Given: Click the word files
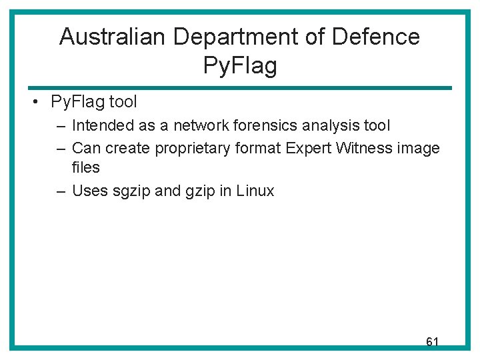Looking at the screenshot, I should pyautogui.click(x=85, y=167).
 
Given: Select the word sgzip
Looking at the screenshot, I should pyautogui.click(x=131, y=191).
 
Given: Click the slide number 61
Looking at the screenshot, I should pyautogui.click(x=432, y=342).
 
